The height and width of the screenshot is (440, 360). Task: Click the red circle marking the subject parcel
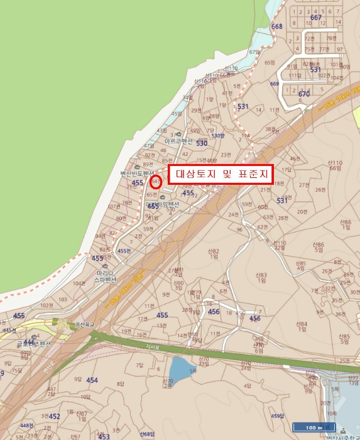click(156, 181)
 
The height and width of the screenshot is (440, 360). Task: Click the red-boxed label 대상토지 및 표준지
click(221, 175)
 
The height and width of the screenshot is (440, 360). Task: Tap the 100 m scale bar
click(312, 427)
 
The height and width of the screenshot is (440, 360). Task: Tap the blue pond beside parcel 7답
click(183, 370)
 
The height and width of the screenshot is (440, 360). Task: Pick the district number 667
click(316, 18)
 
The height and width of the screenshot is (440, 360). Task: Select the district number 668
click(276, 26)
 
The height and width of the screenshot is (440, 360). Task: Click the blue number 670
click(304, 94)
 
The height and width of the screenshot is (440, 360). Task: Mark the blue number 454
click(92, 380)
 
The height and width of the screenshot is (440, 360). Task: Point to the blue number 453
click(104, 436)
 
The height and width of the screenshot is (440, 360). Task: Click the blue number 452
click(55, 416)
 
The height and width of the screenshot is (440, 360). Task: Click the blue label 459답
click(278, 415)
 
